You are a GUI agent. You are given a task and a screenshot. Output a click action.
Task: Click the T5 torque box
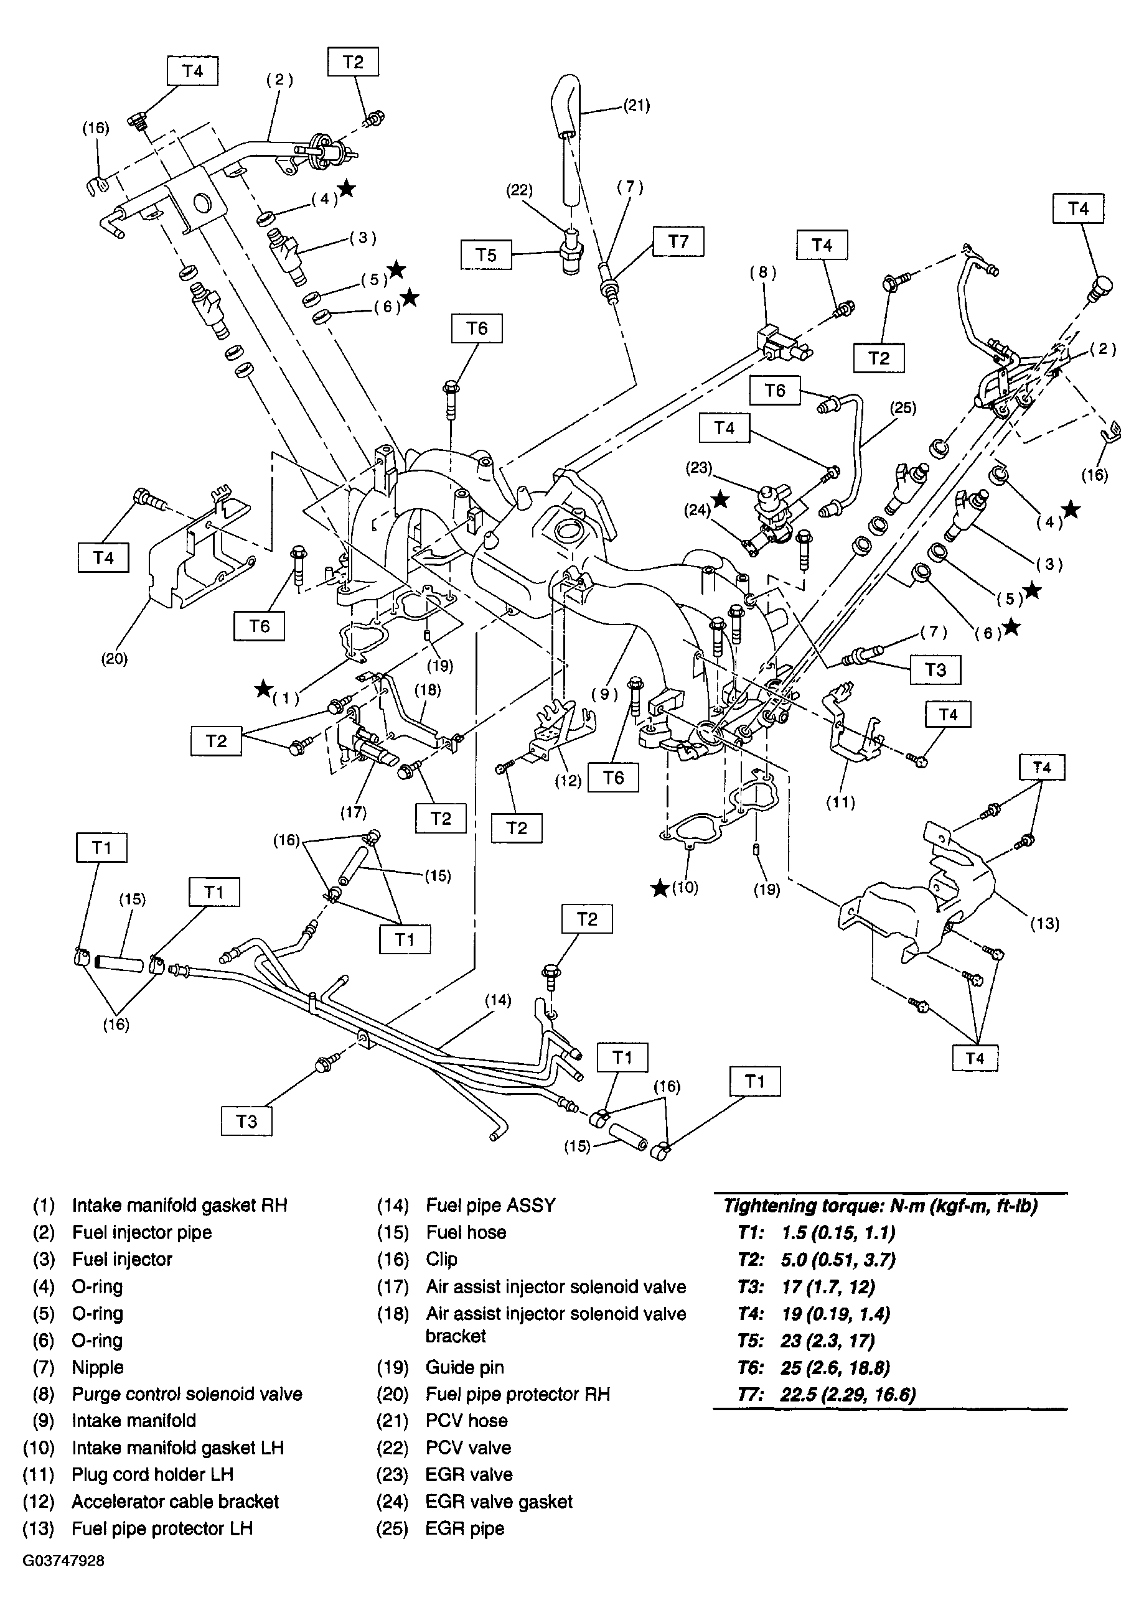486,254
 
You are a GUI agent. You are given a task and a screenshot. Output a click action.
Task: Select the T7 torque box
678,241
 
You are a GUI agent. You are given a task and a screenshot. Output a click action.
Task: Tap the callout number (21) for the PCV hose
636,106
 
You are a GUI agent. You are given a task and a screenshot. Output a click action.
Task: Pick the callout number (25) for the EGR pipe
903,408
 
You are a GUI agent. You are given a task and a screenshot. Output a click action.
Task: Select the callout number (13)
1044,923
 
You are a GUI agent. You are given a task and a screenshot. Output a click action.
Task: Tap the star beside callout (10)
659,888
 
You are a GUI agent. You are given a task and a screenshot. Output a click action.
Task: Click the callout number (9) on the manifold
604,694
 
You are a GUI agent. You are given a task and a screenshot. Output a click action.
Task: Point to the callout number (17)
353,812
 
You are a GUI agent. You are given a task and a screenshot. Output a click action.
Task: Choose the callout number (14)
497,1000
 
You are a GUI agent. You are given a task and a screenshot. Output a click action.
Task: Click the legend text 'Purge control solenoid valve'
187,1394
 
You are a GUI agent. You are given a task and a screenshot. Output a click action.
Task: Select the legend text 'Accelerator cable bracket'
175,1502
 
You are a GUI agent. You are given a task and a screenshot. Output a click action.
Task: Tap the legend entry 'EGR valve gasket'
499,1502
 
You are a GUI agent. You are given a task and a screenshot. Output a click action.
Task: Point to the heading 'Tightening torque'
881,1206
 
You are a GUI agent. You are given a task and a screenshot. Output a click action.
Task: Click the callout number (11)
840,802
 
